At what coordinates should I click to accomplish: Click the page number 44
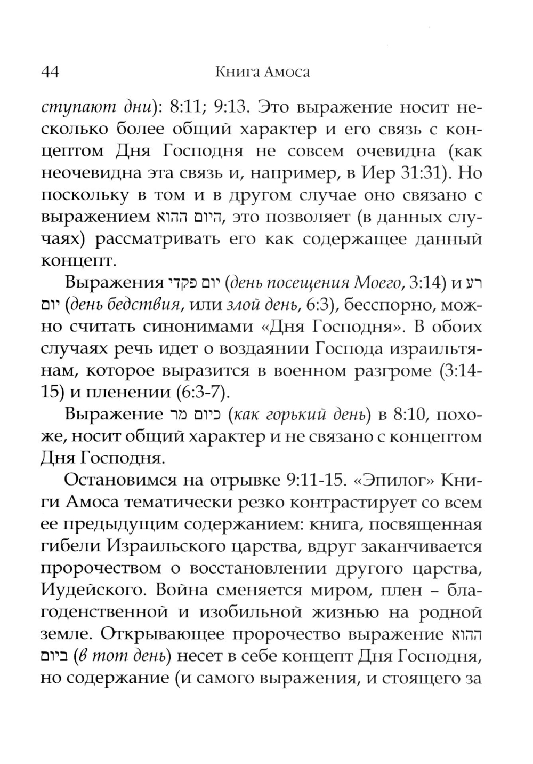(50, 72)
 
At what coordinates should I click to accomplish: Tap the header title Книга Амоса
(262, 72)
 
